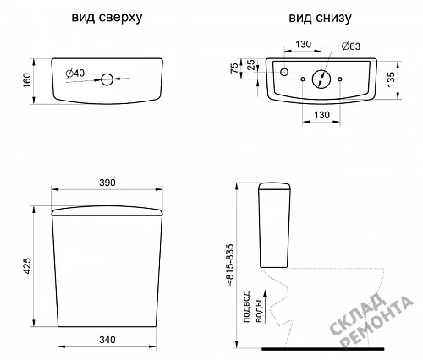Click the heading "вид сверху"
pyautogui.click(x=107, y=18)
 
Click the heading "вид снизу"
pyautogui.click(x=320, y=18)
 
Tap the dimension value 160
pyautogui.click(x=27, y=80)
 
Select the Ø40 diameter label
pyautogui.click(x=75, y=74)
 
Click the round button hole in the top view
pyautogui.click(x=107, y=79)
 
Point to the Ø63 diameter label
pyautogui.click(x=351, y=46)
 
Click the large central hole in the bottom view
pyautogui.click(x=321, y=79)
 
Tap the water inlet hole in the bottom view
pyautogui.click(x=284, y=72)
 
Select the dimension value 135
pyautogui.click(x=391, y=79)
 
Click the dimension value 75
pyautogui.click(x=234, y=68)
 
